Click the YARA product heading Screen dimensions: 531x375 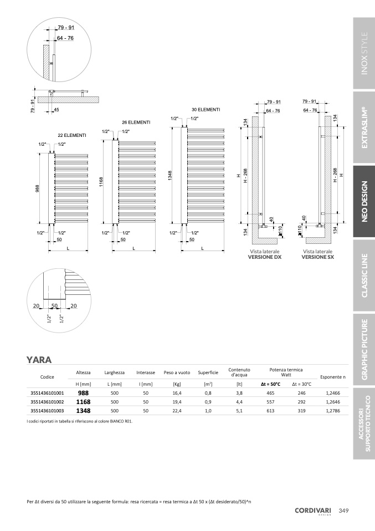tap(39, 360)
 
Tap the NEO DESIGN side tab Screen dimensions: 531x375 tap(364, 201)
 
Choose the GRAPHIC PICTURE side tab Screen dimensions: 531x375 tap(364, 350)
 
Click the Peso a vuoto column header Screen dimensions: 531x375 tap(177, 372)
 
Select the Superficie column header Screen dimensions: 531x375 tap(208, 372)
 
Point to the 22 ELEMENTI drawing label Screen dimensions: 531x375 tap(72, 135)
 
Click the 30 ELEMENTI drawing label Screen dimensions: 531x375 tap(206, 110)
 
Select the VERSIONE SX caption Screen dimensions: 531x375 tap(317, 257)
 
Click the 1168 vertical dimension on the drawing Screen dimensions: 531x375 tap(101, 182)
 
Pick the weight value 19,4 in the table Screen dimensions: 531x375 tap(177, 401)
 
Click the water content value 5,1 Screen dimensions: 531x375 tap(239, 411)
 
